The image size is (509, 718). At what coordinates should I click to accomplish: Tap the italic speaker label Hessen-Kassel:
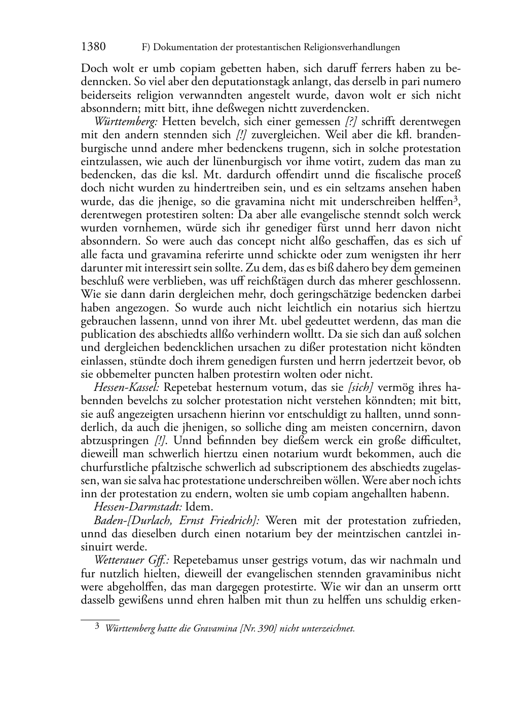pyautogui.click(x=127, y=388)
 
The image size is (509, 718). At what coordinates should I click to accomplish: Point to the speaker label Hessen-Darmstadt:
pyautogui.click(x=137, y=507)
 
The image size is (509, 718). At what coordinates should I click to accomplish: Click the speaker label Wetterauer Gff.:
pyautogui.click(x=131, y=560)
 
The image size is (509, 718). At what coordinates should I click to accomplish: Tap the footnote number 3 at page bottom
pyautogui.click(x=98, y=628)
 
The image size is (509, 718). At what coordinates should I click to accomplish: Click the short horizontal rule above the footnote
pyautogui.click(x=100, y=619)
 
